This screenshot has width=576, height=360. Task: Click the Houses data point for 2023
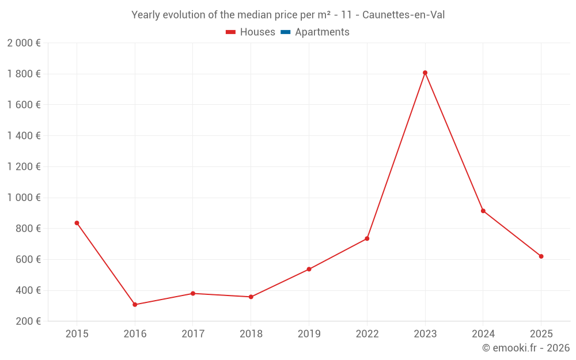click(425, 73)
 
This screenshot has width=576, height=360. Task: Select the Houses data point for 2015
click(77, 223)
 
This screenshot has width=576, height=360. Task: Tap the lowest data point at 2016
click(135, 305)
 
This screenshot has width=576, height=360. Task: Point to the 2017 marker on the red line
click(193, 294)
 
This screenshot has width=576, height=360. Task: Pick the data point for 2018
click(251, 297)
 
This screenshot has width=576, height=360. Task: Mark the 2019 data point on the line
click(309, 269)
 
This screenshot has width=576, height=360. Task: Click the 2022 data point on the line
click(367, 238)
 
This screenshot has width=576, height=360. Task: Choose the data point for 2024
click(483, 211)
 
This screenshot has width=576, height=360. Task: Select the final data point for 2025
click(541, 256)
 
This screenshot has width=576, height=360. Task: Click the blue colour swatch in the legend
click(285, 32)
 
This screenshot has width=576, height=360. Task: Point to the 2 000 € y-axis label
click(24, 43)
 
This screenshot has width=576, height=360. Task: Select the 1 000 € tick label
click(24, 198)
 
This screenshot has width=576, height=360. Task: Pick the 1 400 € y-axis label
click(24, 136)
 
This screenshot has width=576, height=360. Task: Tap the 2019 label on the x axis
click(309, 334)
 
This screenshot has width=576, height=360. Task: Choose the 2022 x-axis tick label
click(367, 334)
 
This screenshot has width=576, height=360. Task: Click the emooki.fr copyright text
click(526, 348)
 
